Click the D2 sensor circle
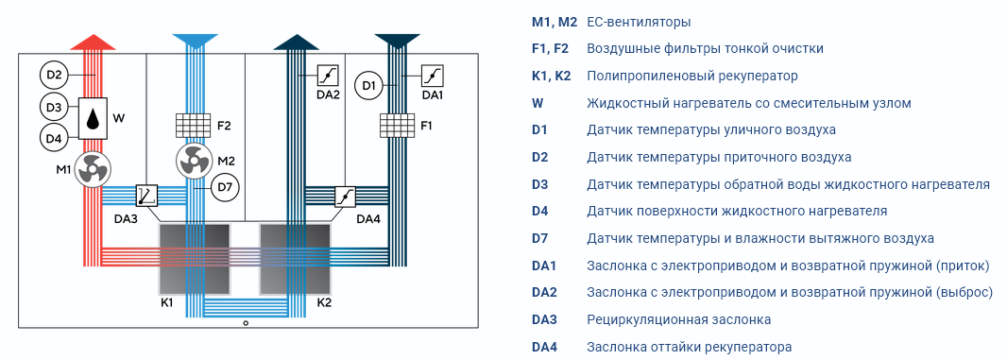(54, 76)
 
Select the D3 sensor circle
(54, 106)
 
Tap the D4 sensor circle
(54, 136)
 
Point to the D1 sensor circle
(368, 85)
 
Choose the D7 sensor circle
(225, 188)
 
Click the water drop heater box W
(94, 118)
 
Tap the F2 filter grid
(194, 126)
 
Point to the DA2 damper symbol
(328, 76)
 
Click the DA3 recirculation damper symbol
(146, 195)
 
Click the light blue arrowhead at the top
(194, 42)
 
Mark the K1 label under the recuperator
(168, 301)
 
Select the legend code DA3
(545, 319)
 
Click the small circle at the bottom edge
(246, 323)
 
